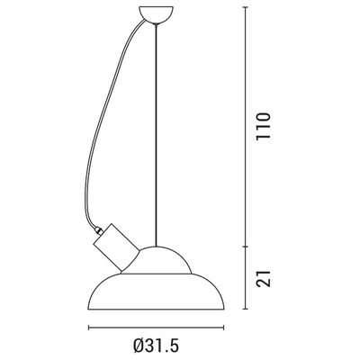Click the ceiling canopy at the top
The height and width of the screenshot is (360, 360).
tap(156, 13)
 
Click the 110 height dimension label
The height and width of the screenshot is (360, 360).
tap(264, 125)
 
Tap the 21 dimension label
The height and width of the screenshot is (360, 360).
tap(264, 278)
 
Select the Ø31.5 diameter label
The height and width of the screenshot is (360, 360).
tap(156, 346)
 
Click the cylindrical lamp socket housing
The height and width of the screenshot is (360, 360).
tap(116, 247)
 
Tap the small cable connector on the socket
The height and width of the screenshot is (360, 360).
tap(98, 230)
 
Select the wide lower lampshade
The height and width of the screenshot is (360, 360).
tap(156, 292)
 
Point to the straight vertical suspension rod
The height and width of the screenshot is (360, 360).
tap(156, 135)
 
